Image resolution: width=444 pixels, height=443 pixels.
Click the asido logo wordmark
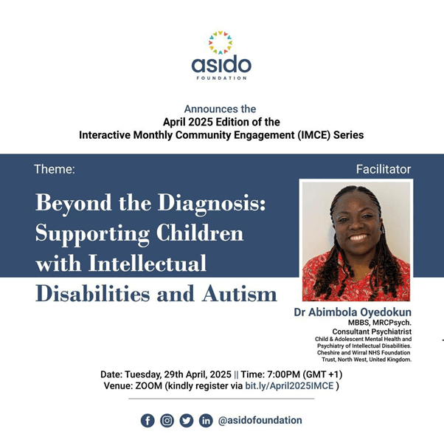221,64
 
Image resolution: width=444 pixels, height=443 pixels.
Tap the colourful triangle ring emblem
221,42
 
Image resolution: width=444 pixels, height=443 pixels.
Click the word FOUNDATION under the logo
221,78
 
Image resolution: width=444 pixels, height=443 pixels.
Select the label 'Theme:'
54,169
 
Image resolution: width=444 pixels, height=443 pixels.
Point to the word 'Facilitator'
383,169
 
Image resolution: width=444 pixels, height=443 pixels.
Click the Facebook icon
148,420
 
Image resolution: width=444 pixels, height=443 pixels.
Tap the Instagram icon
167,420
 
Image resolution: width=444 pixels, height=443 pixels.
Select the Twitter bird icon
187,420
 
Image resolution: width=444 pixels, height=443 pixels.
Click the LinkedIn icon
206,420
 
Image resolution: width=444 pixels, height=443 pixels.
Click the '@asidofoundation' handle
260,420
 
